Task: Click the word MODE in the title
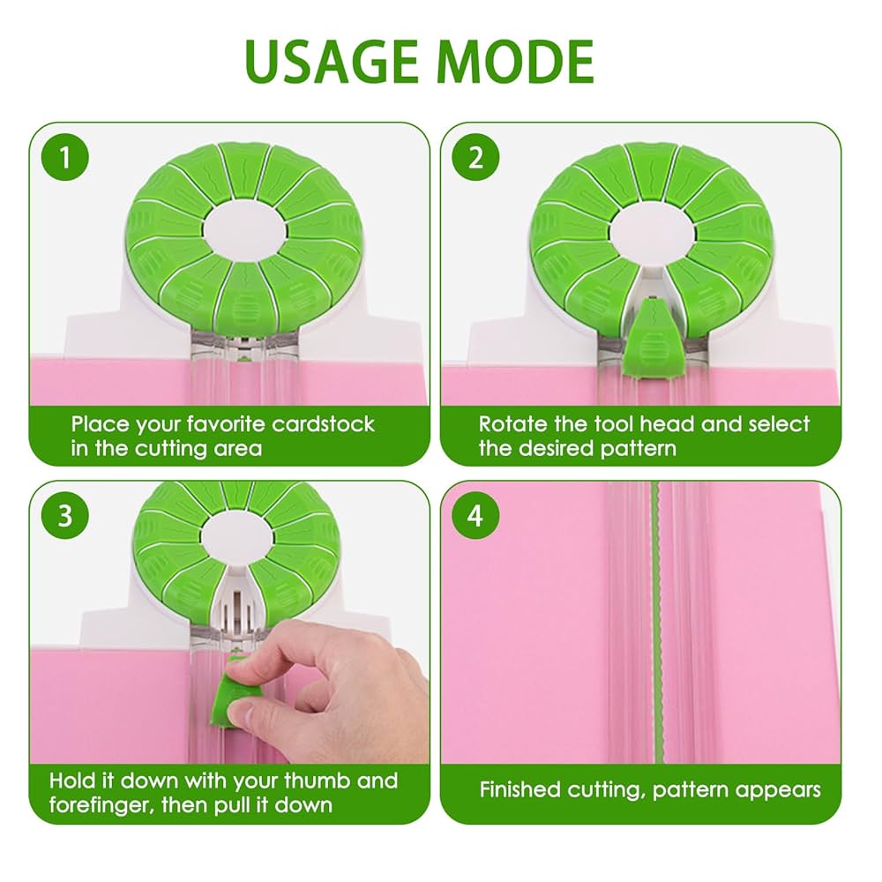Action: click(516, 62)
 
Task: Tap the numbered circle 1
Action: click(65, 157)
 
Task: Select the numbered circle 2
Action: click(476, 157)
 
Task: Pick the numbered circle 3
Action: click(65, 515)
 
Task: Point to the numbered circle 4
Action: click(476, 515)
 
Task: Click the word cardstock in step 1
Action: click(323, 424)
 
